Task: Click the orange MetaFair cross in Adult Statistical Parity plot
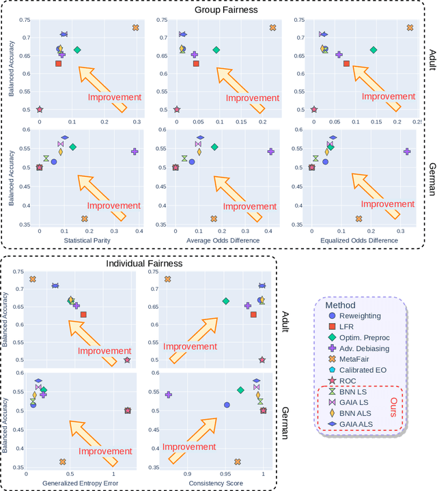[135, 28]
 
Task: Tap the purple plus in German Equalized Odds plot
[407, 152]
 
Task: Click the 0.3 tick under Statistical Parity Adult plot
[137, 120]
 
